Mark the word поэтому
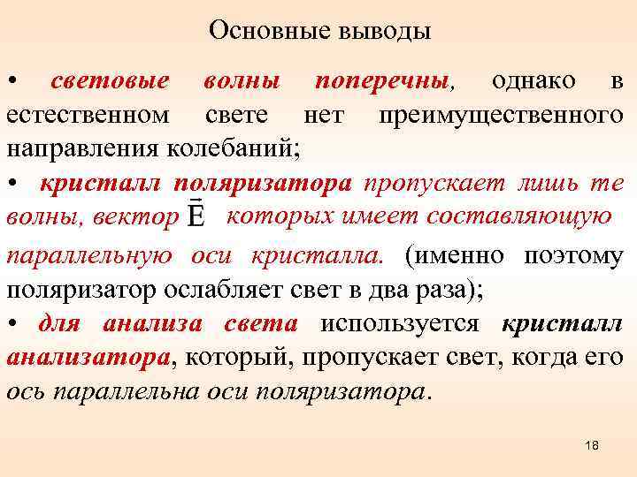(x=575, y=255)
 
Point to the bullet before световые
(x=12, y=82)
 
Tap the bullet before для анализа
(x=12, y=323)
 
